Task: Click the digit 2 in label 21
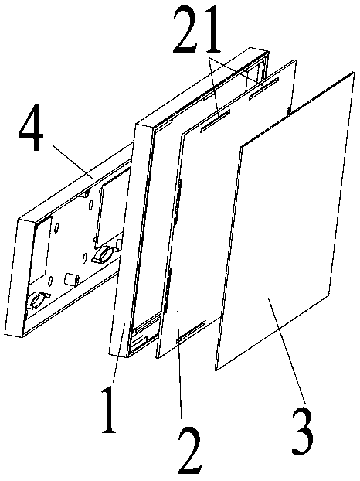pos(188,30)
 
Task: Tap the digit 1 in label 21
pos(212,30)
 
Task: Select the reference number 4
pos(31,128)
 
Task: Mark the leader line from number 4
pos(73,162)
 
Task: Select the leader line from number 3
pos(287,350)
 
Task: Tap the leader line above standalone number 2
pos(179,364)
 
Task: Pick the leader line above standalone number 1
pos(118,353)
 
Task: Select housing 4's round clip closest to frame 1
pos(104,254)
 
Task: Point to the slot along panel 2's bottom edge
pos(191,332)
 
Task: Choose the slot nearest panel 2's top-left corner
pos(215,121)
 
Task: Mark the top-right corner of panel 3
pos(355,73)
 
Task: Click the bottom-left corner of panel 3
pos(216,370)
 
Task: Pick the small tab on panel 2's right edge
pos(288,111)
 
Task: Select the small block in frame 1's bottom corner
pos(141,340)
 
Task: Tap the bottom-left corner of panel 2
pos(157,357)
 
